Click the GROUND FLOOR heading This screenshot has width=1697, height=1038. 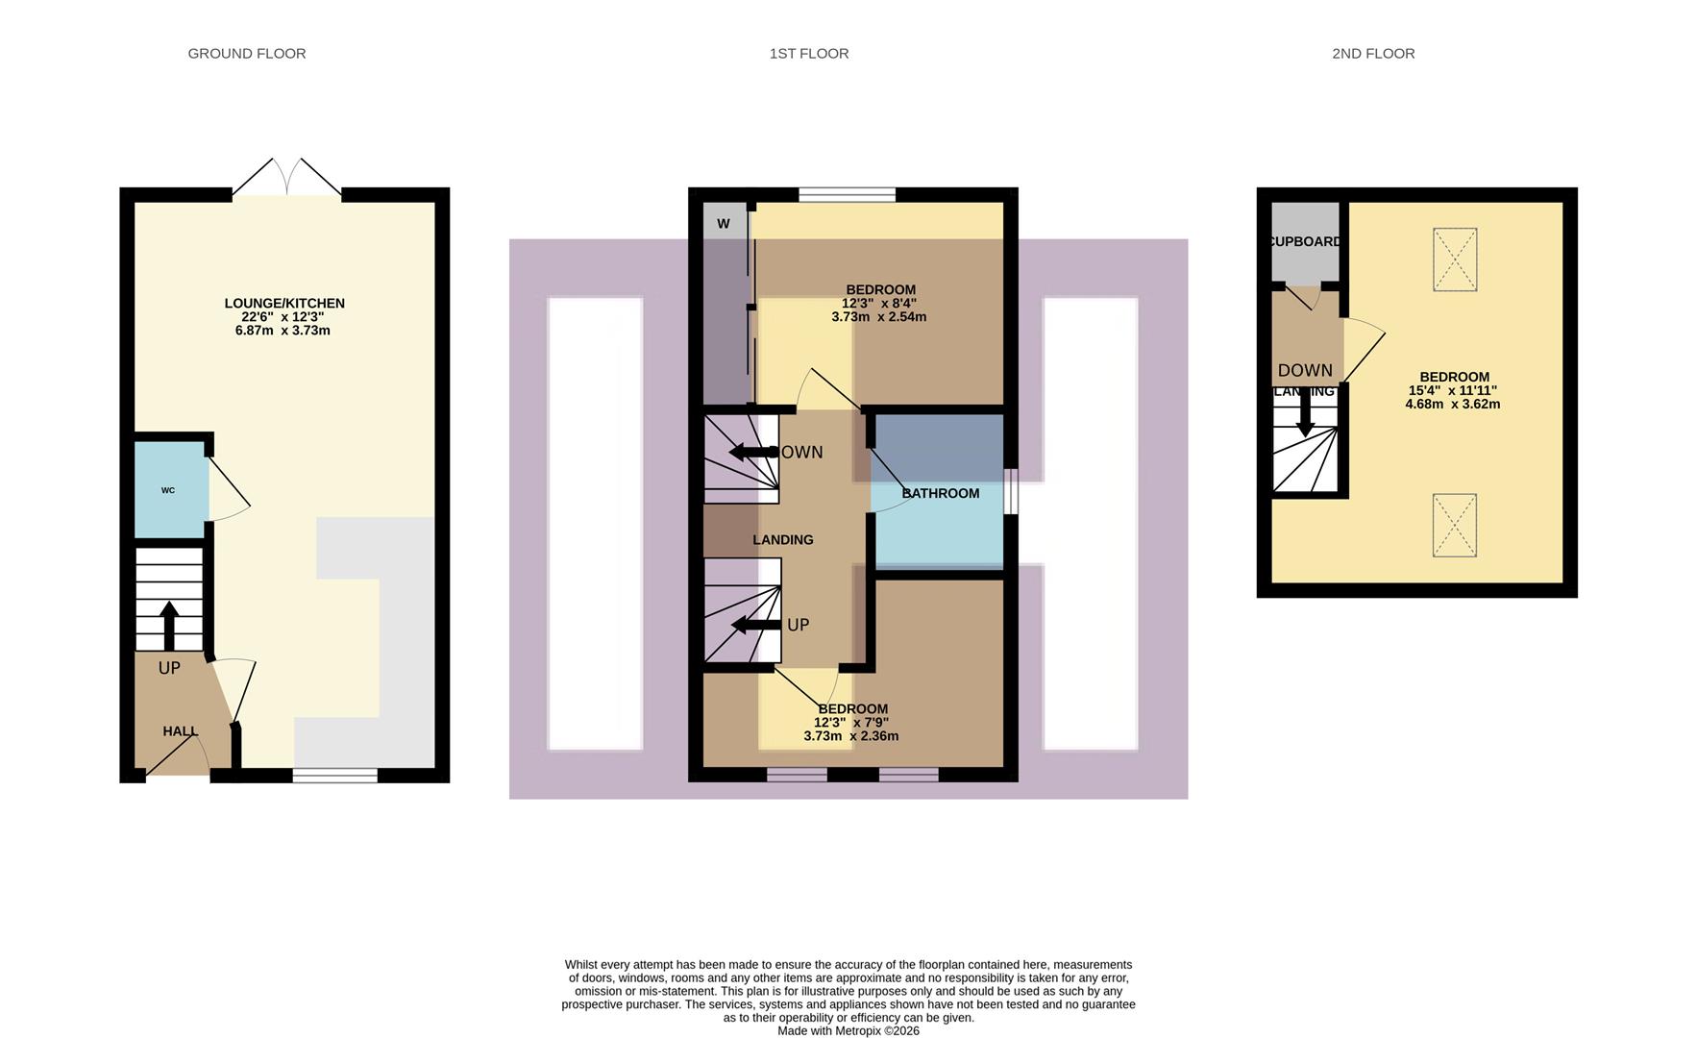pos(247,54)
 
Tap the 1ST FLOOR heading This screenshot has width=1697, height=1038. pos(809,54)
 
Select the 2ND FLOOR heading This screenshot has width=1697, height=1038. pos(1373,54)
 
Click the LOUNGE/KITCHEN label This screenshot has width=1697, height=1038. pos(284,304)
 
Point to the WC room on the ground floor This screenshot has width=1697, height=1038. pos(169,490)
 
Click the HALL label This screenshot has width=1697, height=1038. pos(180,731)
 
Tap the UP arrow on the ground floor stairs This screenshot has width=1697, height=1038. pos(169,625)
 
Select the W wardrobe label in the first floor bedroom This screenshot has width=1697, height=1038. pos(724,224)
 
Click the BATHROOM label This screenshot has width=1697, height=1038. pos(941,493)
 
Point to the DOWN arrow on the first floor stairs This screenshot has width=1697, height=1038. pos(753,452)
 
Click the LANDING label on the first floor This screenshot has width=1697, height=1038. pos(783,540)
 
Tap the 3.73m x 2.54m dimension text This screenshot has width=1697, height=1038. pos(878,317)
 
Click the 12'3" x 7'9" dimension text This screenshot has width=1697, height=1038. pos(851,723)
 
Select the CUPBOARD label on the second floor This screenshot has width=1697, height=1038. pos(1304,241)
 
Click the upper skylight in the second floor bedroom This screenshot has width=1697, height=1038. pos(1455,259)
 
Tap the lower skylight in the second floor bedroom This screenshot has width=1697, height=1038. pos(1454,525)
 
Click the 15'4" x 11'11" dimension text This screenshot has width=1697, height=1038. pos(1453,391)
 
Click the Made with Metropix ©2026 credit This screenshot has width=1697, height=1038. pos(848,1030)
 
